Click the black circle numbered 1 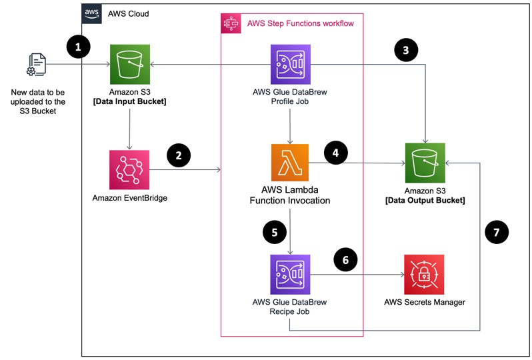click(79, 47)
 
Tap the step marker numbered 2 click(178, 156)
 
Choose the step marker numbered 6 click(344, 259)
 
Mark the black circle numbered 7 click(494, 233)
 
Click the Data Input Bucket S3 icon click(128, 65)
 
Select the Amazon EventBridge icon click(128, 170)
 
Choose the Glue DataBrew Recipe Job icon click(290, 274)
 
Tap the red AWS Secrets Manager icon click(425, 274)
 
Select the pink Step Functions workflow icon click(231, 23)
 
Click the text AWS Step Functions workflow click(300, 23)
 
